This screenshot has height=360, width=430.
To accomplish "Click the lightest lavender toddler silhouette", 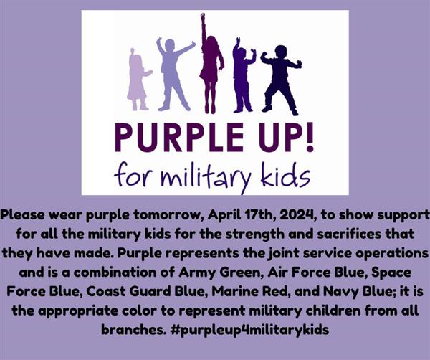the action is pyautogui.click(x=137, y=82).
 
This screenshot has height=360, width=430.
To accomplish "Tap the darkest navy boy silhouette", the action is pyautogui.click(x=280, y=80).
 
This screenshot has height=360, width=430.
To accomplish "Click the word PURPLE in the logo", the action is pyautogui.click(x=178, y=138).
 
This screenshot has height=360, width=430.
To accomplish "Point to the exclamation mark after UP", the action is pyautogui.click(x=310, y=137).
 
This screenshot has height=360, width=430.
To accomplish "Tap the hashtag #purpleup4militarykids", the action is pyautogui.click(x=249, y=330).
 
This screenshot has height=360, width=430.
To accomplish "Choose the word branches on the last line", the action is pyautogui.click(x=134, y=330).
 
